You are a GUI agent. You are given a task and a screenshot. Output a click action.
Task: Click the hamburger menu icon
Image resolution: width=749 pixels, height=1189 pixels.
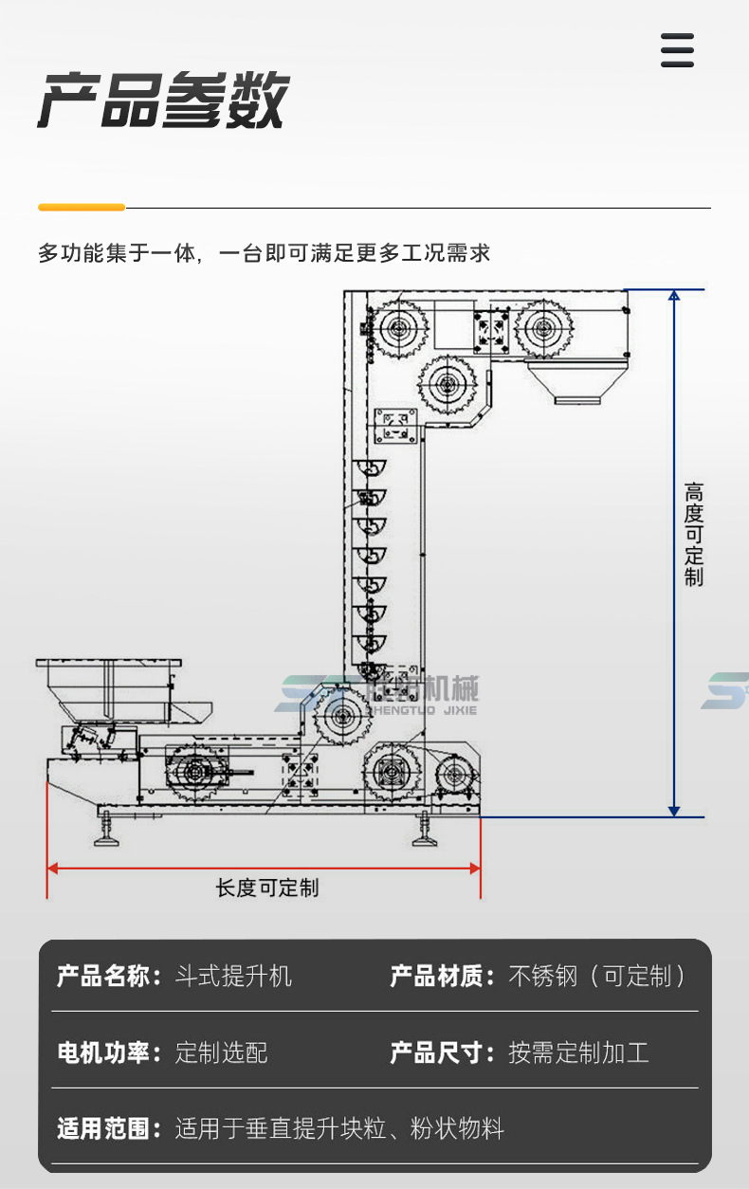click(677, 50)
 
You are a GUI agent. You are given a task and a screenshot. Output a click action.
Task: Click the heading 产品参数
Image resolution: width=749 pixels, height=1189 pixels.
click(162, 101)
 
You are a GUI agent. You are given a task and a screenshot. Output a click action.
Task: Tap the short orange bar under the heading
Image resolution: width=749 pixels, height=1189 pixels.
click(82, 207)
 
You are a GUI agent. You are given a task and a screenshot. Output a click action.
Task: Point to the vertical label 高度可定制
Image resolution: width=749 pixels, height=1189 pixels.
click(694, 535)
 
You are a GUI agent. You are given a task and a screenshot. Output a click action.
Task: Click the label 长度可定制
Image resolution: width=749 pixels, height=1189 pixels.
click(267, 888)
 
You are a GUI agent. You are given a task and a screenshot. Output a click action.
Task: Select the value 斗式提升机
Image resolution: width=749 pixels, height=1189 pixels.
click(233, 976)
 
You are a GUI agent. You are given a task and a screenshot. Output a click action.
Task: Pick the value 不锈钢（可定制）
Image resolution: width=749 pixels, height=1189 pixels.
click(597, 976)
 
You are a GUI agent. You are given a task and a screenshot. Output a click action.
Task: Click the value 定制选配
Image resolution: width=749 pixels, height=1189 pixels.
click(222, 1052)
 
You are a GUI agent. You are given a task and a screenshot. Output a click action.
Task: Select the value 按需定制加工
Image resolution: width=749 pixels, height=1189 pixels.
click(578, 1052)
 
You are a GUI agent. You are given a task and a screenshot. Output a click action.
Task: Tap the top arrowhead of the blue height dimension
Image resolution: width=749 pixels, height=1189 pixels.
click(674, 296)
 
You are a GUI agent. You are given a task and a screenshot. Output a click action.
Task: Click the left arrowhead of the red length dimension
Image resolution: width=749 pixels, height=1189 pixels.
click(54, 867)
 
